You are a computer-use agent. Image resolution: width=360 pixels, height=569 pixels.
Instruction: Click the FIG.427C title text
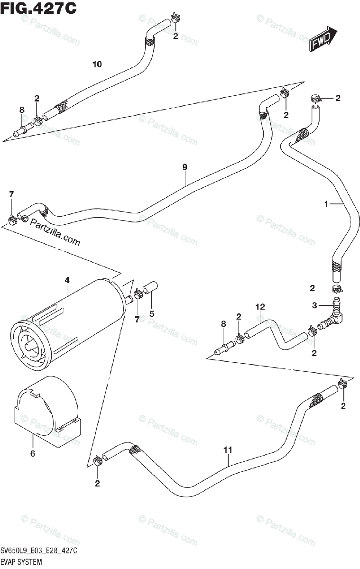coord(38,9)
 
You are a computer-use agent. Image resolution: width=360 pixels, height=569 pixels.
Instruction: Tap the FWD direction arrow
coord(323,38)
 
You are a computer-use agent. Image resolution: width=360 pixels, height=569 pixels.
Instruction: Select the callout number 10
coord(97,64)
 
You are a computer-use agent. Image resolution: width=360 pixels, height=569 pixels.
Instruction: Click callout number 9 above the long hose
coord(185,167)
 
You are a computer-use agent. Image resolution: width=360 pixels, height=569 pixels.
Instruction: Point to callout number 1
coord(326,204)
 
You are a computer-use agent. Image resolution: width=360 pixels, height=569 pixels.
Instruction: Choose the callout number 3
coord(314,305)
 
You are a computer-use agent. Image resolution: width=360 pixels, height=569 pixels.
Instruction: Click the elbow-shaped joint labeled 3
coord(331,313)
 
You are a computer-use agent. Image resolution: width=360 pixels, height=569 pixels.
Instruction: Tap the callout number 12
coord(260,307)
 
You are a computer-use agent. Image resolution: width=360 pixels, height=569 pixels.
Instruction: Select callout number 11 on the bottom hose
coord(228,450)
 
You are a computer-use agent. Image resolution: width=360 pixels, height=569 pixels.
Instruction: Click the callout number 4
coord(67,280)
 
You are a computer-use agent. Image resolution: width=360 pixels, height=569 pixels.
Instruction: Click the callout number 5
coord(152,314)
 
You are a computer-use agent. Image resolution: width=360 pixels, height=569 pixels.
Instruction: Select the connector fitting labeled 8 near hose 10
coord(23,129)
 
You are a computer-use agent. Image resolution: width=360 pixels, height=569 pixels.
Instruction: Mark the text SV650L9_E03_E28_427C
coord(39,551)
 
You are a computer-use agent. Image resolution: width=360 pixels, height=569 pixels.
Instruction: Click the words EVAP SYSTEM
coord(21,561)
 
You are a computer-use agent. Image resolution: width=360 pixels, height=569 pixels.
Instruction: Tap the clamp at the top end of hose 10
coord(175,18)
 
